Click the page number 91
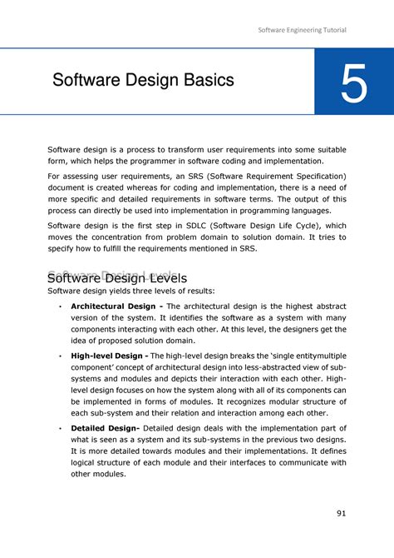coord(341,513)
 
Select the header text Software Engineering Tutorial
coord(302,30)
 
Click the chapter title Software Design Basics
coord(143,81)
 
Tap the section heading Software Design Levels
coord(117,277)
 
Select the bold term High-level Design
coord(108,356)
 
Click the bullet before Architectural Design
coord(60,306)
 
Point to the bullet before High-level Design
coord(60,356)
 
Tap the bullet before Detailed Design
coord(60,428)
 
